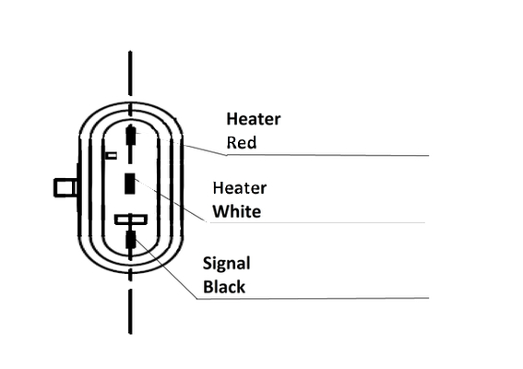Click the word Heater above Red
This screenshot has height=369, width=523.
tap(254, 119)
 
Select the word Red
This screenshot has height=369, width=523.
tap(242, 142)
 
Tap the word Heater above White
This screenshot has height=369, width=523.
tap(240, 188)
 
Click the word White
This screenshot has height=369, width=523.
tap(237, 211)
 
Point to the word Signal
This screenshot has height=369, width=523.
tap(227, 264)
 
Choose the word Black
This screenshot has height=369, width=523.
tap(224, 287)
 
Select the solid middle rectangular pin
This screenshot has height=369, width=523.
tap(130, 184)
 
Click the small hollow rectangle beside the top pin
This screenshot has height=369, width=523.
tap(111, 156)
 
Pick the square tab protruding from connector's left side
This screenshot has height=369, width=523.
tap(65, 188)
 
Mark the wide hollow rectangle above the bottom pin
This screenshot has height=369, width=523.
tap(131, 220)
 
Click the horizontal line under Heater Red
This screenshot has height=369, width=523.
tap(327, 155)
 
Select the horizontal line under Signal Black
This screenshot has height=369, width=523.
tap(313, 298)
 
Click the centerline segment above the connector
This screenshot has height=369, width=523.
tap(130, 73)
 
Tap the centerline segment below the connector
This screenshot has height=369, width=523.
tap(130, 311)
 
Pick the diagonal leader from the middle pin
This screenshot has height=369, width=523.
tap(171, 200)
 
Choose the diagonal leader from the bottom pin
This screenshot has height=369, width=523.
tap(166, 268)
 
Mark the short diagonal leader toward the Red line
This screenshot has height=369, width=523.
tap(205, 149)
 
